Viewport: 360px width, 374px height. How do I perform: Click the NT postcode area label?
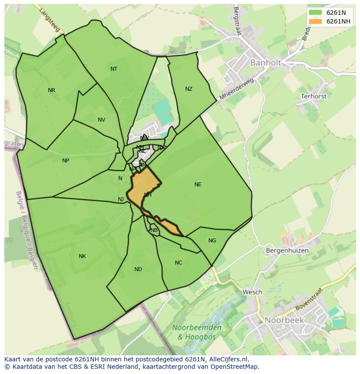pyautogui.click(x=114, y=69)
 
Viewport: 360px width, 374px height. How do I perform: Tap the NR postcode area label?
pyautogui.click(x=52, y=90)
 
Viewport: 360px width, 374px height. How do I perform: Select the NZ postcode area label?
pyautogui.click(x=189, y=89)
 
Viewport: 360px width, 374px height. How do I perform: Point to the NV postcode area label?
pyautogui.click(x=101, y=120)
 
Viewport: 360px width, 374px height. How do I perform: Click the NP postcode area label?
pyautogui.click(x=66, y=161)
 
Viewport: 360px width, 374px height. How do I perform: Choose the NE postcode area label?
pyautogui.click(x=198, y=185)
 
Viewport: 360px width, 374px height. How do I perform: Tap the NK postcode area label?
pyautogui.click(x=82, y=256)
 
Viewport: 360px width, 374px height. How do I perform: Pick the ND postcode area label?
pyautogui.click(x=138, y=269)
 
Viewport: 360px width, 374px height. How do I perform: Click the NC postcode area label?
pyautogui.click(x=178, y=263)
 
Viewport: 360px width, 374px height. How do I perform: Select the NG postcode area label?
pyautogui.click(x=212, y=241)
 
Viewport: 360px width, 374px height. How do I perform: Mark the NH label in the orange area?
pyautogui.click(x=148, y=195)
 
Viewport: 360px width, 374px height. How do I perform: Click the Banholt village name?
pyautogui.click(x=265, y=63)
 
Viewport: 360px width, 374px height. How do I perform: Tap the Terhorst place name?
pyautogui.click(x=313, y=96)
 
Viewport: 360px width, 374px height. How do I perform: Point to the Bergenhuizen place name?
pyautogui.click(x=287, y=251)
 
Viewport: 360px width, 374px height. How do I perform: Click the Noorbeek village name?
pyautogui.click(x=285, y=320)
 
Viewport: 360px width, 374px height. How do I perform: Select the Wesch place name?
pyautogui.click(x=252, y=292)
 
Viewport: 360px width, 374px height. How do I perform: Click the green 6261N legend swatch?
pyautogui.click(x=315, y=13)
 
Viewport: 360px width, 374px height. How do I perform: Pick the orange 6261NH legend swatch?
pyautogui.click(x=315, y=21)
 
